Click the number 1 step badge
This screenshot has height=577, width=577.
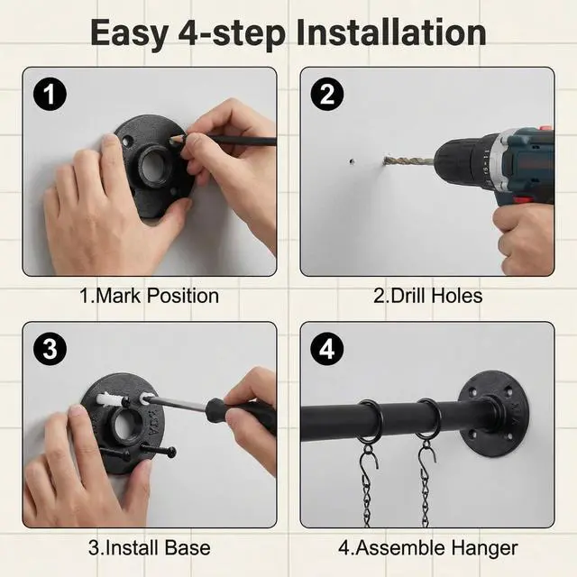coord(50,94)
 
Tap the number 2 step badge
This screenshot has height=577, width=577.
coord(327,94)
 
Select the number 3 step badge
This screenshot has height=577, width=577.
coord(50,349)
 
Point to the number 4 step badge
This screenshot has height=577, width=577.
coord(327,349)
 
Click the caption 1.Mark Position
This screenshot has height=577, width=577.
coord(149,296)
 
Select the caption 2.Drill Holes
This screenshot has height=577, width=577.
coord(427,296)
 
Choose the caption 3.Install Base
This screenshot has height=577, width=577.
coord(150,547)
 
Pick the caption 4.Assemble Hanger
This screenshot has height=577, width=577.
coord(428,548)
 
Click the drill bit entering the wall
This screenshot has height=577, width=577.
coord(408,160)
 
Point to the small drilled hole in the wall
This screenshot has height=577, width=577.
coord(352,161)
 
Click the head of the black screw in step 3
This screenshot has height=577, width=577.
coord(170,453)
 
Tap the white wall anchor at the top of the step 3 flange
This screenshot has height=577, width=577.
coord(110,399)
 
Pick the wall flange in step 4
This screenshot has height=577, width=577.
coord(494,414)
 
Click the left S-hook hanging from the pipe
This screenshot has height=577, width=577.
coord(369,459)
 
